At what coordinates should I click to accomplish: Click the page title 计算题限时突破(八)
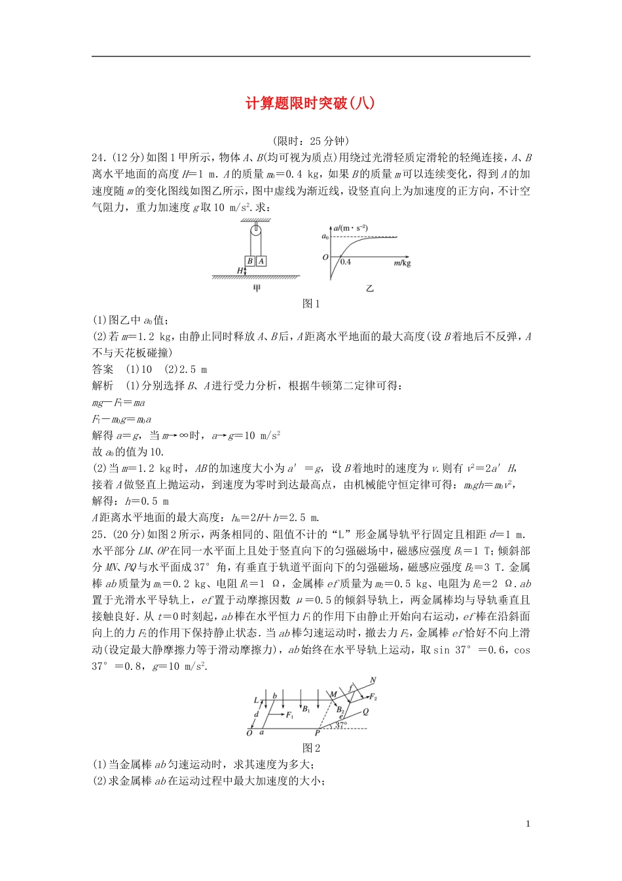(310, 104)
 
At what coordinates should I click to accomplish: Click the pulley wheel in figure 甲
(256, 231)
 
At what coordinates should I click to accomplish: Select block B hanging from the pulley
(250, 261)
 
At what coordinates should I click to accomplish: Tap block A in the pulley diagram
(261, 261)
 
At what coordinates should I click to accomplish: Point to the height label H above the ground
(240, 270)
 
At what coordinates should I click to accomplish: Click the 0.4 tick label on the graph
(345, 262)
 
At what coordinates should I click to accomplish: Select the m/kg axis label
(402, 263)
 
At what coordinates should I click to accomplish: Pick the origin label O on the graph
(325, 258)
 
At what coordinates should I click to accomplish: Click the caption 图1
(311, 303)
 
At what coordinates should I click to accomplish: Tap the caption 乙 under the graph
(370, 288)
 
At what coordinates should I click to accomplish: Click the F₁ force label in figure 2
(289, 715)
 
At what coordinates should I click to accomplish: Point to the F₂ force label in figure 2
(373, 697)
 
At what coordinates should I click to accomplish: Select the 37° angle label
(341, 725)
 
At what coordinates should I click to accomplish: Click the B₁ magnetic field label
(306, 709)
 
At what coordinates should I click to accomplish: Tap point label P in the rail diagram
(318, 733)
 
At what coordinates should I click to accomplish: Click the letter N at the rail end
(373, 680)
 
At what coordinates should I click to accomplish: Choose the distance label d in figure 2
(257, 715)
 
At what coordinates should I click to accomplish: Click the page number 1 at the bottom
(528, 824)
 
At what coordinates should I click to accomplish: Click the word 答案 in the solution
(103, 369)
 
